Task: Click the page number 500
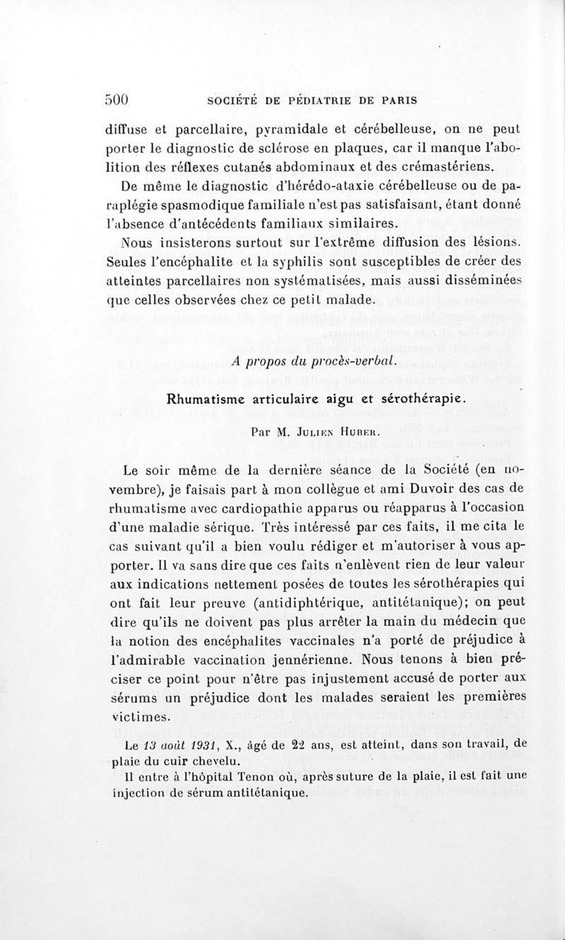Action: click(117, 100)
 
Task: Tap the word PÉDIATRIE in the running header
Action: click(320, 100)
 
